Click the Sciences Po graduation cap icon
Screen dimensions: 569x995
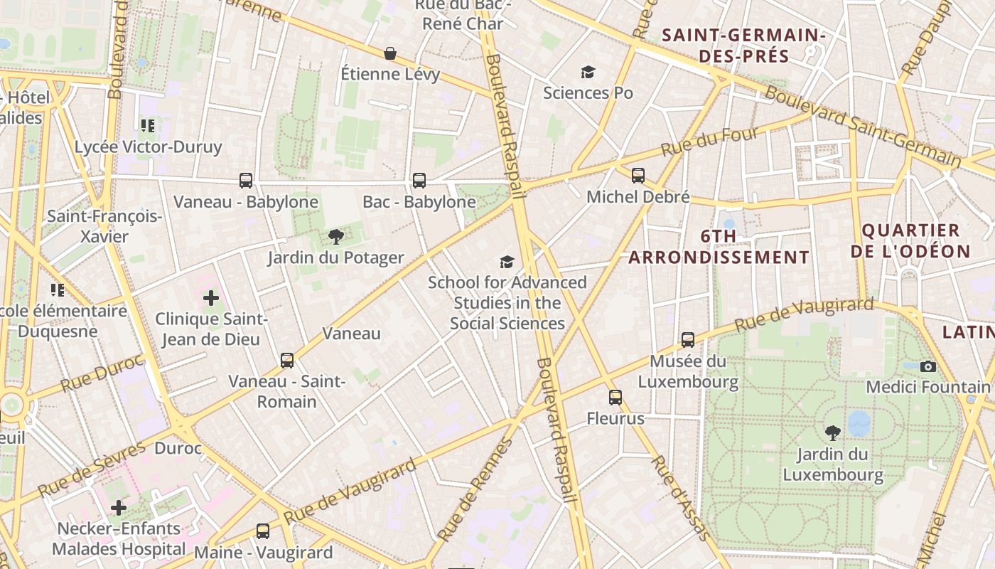coord(588,72)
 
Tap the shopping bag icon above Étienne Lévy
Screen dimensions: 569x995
coord(390,53)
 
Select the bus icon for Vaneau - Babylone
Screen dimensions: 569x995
coord(246,181)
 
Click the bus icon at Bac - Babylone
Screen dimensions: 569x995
coord(419,181)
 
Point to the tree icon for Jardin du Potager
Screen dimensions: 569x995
coord(336,237)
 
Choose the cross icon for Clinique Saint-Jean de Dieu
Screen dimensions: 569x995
coord(211,298)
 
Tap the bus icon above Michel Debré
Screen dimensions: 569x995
coord(638,176)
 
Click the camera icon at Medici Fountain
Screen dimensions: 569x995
coord(927,366)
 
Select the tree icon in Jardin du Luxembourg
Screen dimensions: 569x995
coord(832,432)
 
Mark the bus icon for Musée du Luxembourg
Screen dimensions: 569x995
coord(688,340)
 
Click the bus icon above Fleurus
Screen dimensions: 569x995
coord(615,398)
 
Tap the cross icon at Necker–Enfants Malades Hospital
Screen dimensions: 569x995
coord(119,508)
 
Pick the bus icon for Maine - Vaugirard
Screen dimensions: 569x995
coord(263,531)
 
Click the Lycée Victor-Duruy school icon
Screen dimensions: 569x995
coord(148,127)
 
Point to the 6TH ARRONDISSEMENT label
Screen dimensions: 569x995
coord(719,246)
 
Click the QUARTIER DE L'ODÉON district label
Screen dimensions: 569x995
coord(910,240)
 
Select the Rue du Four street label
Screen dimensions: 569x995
coord(710,141)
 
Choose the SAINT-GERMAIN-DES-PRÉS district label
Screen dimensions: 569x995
coord(743,45)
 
